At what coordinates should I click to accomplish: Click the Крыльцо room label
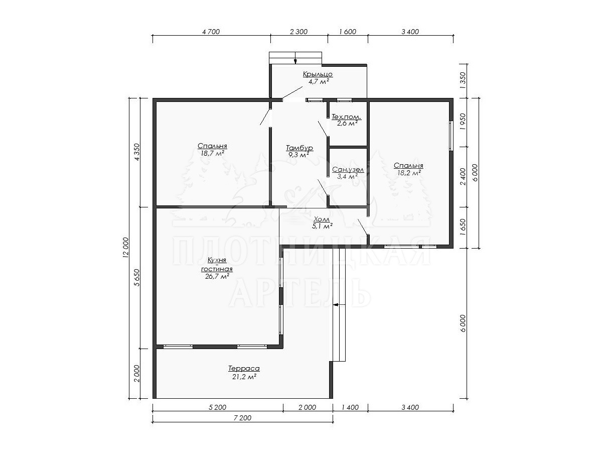point(318,74)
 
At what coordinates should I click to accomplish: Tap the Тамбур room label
point(299,148)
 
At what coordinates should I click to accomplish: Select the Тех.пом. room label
point(346,117)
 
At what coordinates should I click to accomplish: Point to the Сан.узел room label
point(348,170)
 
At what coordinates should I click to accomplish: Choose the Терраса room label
point(244,368)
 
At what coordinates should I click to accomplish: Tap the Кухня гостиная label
point(217,264)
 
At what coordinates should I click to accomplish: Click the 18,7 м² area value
point(213,153)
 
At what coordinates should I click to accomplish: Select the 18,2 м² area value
point(409,173)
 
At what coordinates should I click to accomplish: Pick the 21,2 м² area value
point(244,377)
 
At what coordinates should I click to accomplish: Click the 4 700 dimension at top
point(211,32)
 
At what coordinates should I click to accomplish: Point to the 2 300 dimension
point(298,32)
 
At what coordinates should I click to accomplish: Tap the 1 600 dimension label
point(348,32)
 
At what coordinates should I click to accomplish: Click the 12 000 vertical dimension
point(126,248)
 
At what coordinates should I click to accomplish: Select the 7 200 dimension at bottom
point(242,418)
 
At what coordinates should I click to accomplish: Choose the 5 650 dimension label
point(137,277)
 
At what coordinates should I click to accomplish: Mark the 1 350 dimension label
point(463,80)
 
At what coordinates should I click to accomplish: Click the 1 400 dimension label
point(351,407)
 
